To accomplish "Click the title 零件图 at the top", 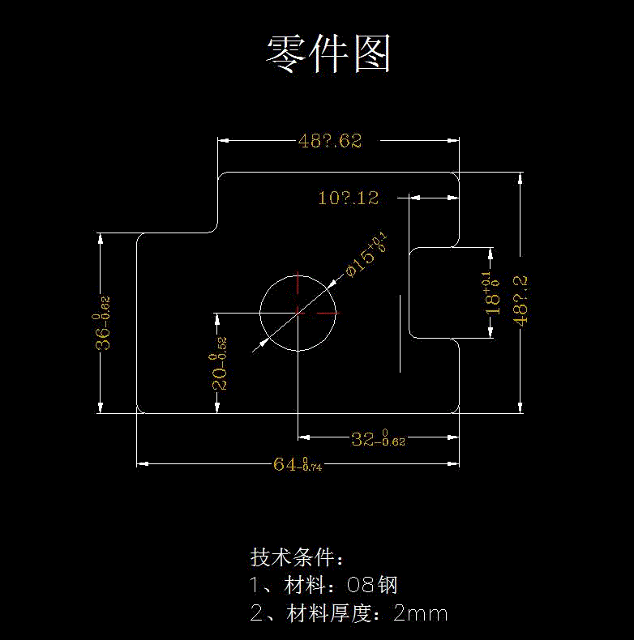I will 328,55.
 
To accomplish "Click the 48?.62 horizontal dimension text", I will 329,141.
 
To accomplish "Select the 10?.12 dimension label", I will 349,198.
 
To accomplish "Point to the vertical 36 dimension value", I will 103,324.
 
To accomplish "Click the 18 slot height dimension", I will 492,294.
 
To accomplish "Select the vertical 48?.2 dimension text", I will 520,300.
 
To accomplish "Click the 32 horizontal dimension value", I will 378,439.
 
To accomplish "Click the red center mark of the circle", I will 299,312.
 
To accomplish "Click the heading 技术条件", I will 297,558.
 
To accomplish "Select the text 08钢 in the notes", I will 372,586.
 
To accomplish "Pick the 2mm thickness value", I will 420,613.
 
